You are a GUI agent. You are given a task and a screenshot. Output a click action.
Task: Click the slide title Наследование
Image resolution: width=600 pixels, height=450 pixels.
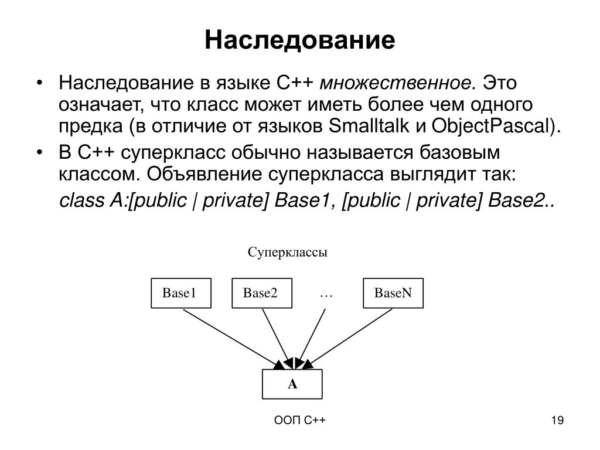coord(299,40)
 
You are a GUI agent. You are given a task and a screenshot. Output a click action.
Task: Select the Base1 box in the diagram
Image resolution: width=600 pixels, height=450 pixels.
coord(179,294)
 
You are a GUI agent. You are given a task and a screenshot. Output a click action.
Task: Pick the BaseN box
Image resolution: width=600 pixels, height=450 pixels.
coord(393,294)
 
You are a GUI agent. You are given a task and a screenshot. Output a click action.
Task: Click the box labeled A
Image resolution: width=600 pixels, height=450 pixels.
coord(292,384)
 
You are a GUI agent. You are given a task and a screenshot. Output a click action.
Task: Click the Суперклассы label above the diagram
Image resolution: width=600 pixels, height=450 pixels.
coord(287,253)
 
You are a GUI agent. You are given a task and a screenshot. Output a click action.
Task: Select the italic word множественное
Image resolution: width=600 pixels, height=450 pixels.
coord(398,83)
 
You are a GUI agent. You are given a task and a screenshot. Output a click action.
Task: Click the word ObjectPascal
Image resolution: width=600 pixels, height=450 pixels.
coord(492,125)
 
